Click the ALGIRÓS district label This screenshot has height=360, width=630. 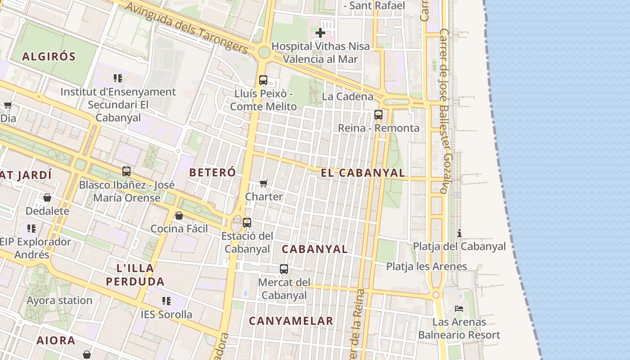tap(49, 57)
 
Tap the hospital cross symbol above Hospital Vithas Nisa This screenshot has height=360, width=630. tap(320, 33)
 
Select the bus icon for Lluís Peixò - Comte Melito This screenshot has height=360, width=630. tap(263, 80)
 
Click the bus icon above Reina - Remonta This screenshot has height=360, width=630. tap(378, 115)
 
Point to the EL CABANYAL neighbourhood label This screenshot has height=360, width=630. tap(363, 173)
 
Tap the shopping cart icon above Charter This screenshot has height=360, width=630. tap(264, 183)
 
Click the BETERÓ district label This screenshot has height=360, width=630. tap(212, 172)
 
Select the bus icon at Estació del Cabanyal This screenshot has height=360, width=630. tap(247, 222)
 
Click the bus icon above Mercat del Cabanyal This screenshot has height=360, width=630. tap(284, 269)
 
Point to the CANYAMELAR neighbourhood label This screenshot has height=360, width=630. tap(291, 321)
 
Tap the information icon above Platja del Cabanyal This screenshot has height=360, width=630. tap(459, 233)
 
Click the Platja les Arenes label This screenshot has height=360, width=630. tap(427, 266)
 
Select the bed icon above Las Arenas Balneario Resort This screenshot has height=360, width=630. tap(459, 309)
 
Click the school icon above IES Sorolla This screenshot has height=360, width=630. tap(166, 301)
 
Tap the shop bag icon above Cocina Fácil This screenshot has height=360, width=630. tap(179, 216)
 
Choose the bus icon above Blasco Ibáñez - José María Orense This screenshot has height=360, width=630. tap(126, 171)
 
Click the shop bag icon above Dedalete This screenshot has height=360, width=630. tap(47, 198)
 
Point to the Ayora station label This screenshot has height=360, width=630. tap(59, 300)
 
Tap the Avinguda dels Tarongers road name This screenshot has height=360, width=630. tap(186, 27)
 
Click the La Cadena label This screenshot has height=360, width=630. tap(348, 96)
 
